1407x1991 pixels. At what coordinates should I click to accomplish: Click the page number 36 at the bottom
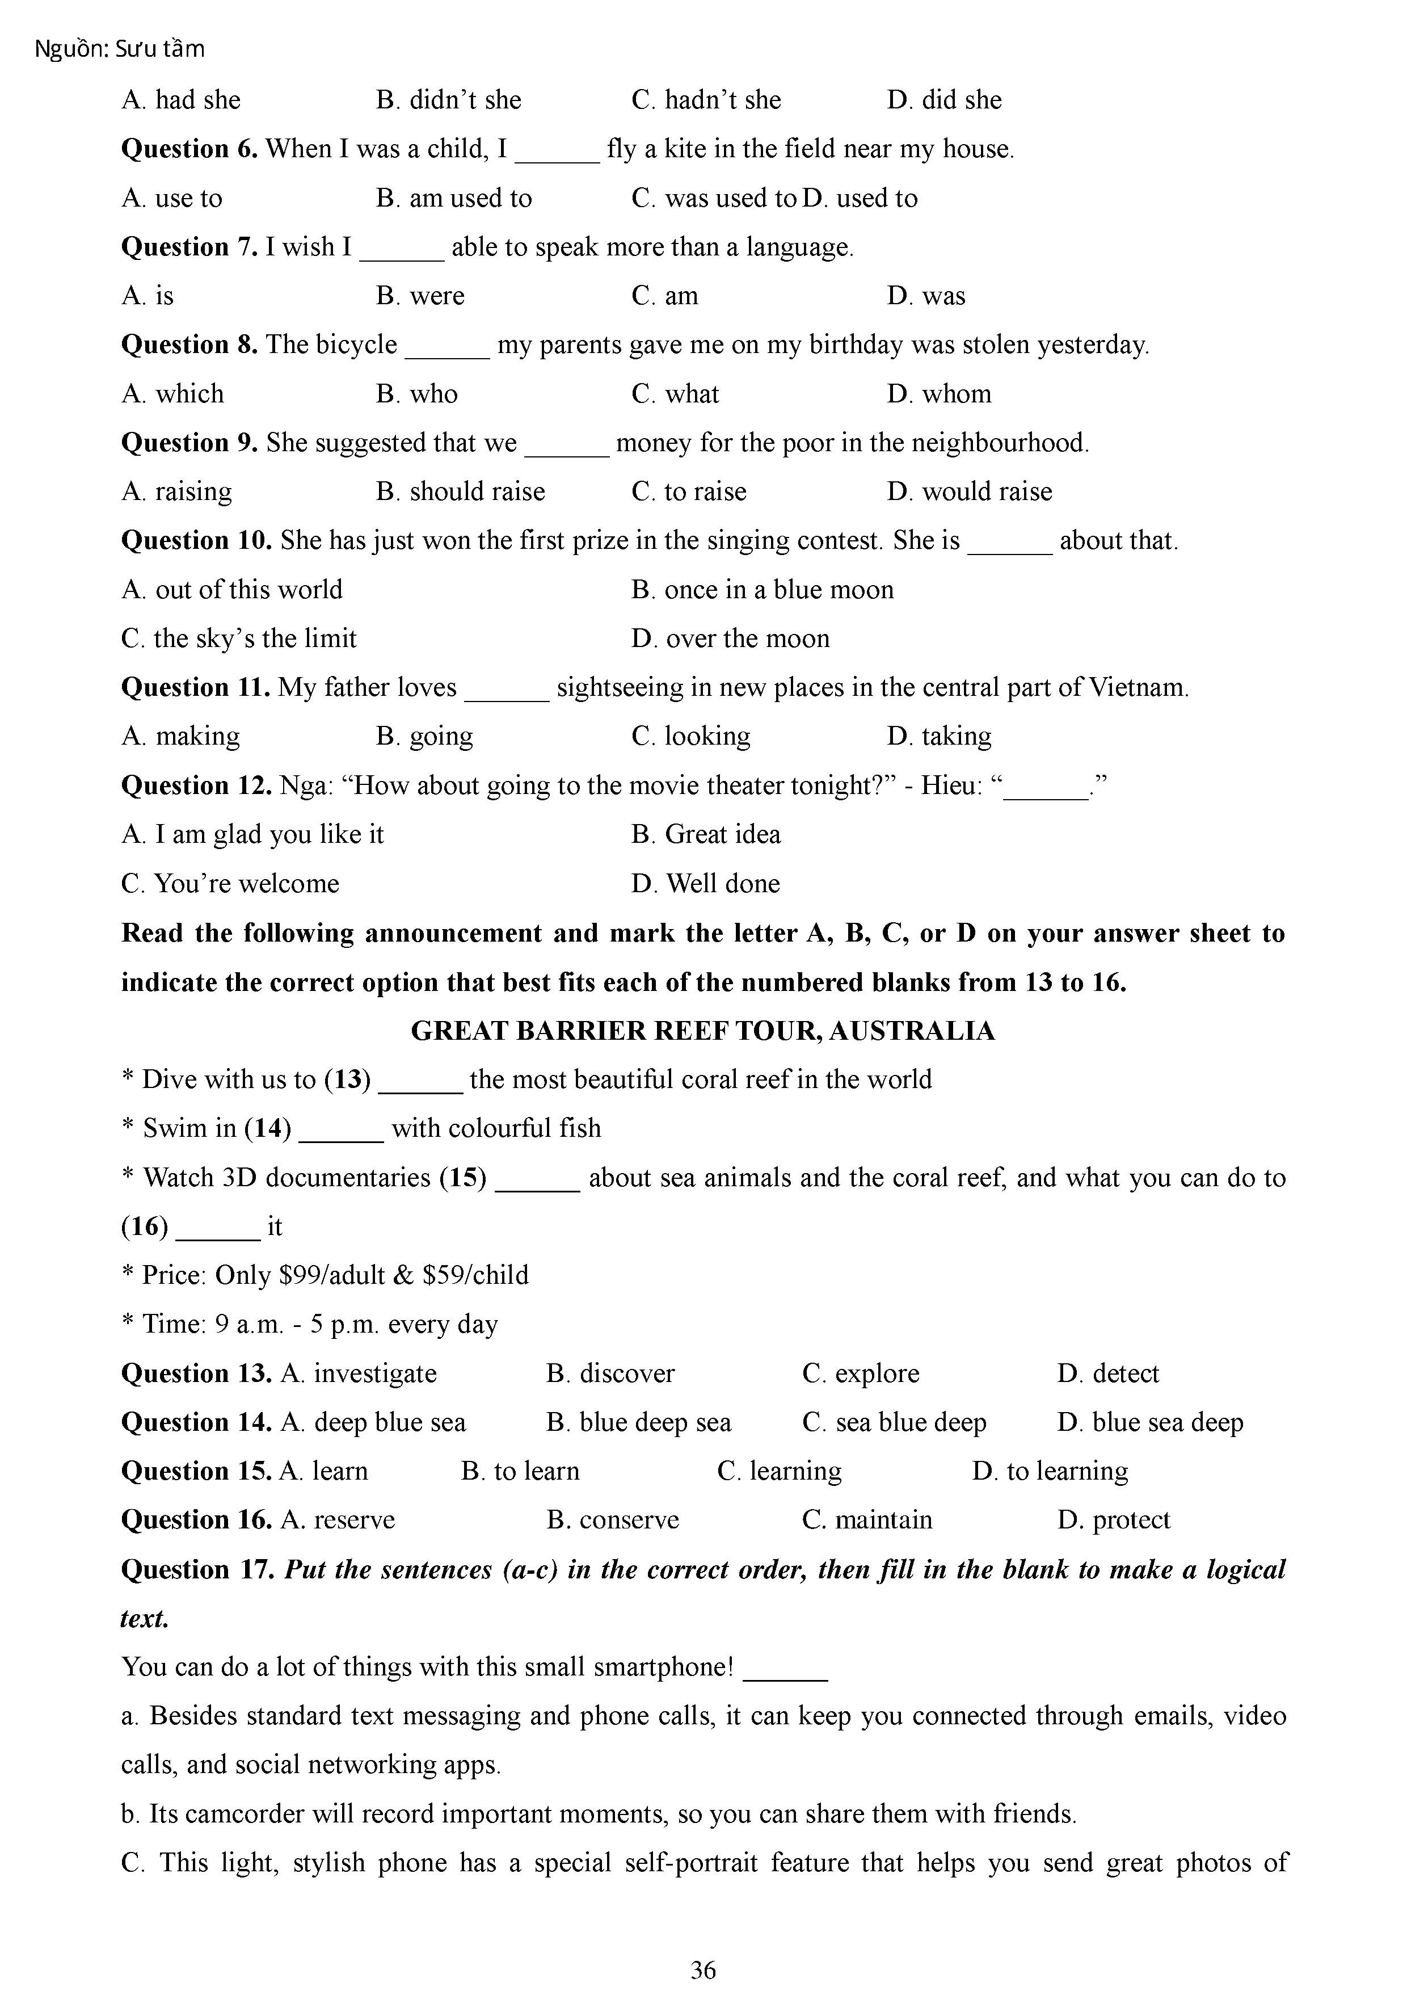pyautogui.click(x=702, y=1969)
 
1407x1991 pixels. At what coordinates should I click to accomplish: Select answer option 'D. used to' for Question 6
pyautogui.click(x=860, y=199)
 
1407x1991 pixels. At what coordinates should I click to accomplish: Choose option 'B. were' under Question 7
pyautogui.click(x=420, y=297)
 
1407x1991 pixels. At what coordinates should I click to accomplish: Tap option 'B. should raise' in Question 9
pyautogui.click(x=460, y=492)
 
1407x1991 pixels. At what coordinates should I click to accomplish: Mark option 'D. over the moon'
pyautogui.click(x=730, y=639)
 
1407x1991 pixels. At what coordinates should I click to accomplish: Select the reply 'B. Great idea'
pyautogui.click(x=706, y=834)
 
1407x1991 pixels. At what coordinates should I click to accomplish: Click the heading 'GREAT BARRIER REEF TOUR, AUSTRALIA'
pyautogui.click(x=702, y=1031)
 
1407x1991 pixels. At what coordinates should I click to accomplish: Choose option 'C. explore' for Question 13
pyautogui.click(x=861, y=1373)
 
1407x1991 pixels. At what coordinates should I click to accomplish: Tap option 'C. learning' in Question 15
pyautogui.click(x=780, y=1472)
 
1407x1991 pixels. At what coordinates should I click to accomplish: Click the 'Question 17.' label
pyautogui.click(x=199, y=1569)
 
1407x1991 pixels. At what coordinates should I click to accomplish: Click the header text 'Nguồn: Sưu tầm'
pyautogui.click(x=120, y=49)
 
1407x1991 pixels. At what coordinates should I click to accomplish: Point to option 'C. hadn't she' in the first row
pyautogui.click(x=706, y=100)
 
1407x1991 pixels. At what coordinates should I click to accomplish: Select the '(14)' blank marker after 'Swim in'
pyautogui.click(x=267, y=1128)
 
